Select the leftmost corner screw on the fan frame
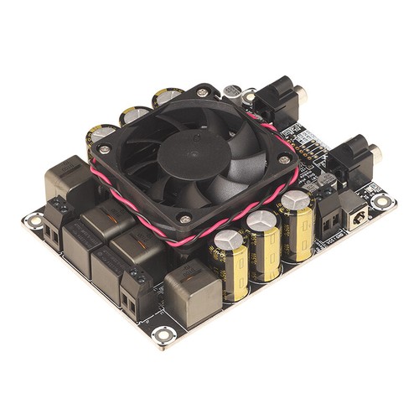coord(104,150)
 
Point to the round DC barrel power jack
coord(358,216)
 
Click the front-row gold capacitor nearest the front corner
coord(229,264)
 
